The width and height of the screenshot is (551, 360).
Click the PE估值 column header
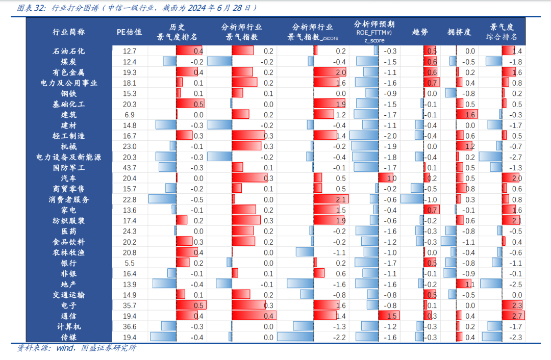pyautogui.click(x=130, y=32)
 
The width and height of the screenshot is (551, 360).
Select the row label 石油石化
pyautogui.click(x=69, y=51)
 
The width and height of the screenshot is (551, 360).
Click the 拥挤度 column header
pyautogui.click(x=459, y=32)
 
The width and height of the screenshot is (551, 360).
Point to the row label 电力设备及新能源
pyautogui.click(x=69, y=157)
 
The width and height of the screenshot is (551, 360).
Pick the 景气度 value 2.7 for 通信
pyautogui.click(x=516, y=316)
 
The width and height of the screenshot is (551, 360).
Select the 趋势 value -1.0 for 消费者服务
pyautogui.click(x=432, y=199)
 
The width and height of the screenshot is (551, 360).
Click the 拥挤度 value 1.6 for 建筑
pyautogui.click(x=470, y=115)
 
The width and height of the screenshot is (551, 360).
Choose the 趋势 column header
pyautogui.click(x=420, y=32)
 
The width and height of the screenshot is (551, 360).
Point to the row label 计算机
pyautogui.click(x=69, y=326)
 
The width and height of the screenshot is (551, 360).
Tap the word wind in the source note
pyautogui.click(x=64, y=349)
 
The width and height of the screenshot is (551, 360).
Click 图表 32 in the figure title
pyautogui.click(x=31, y=8)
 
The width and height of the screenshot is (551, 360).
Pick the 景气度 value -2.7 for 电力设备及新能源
pyautogui.click(x=516, y=157)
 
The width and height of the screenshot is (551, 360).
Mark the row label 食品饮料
pyautogui.click(x=69, y=242)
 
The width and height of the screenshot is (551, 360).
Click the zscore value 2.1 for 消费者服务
pyautogui.click(x=341, y=199)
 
